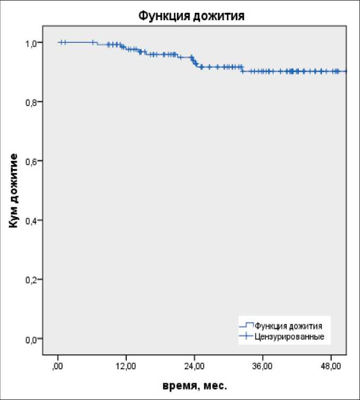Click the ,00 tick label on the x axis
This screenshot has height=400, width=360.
(x=57, y=366)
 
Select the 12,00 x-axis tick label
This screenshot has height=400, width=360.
(x=126, y=366)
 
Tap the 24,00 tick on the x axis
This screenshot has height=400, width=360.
(x=194, y=366)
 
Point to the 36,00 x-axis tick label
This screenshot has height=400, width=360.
(x=263, y=366)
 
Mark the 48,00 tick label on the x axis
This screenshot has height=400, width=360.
(x=331, y=366)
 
